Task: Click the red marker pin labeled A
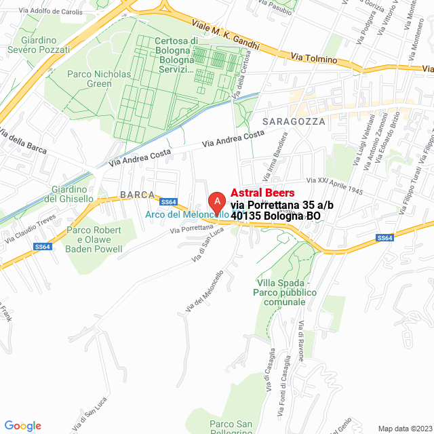click(x=216, y=202)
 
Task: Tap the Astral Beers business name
click(x=263, y=193)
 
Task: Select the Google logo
click(x=22, y=426)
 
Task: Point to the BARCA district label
click(x=138, y=195)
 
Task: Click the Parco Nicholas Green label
click(x=89, y=79)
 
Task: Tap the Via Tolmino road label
click(x=314, y=59)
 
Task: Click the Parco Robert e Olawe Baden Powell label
click(x=94, y=239)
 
